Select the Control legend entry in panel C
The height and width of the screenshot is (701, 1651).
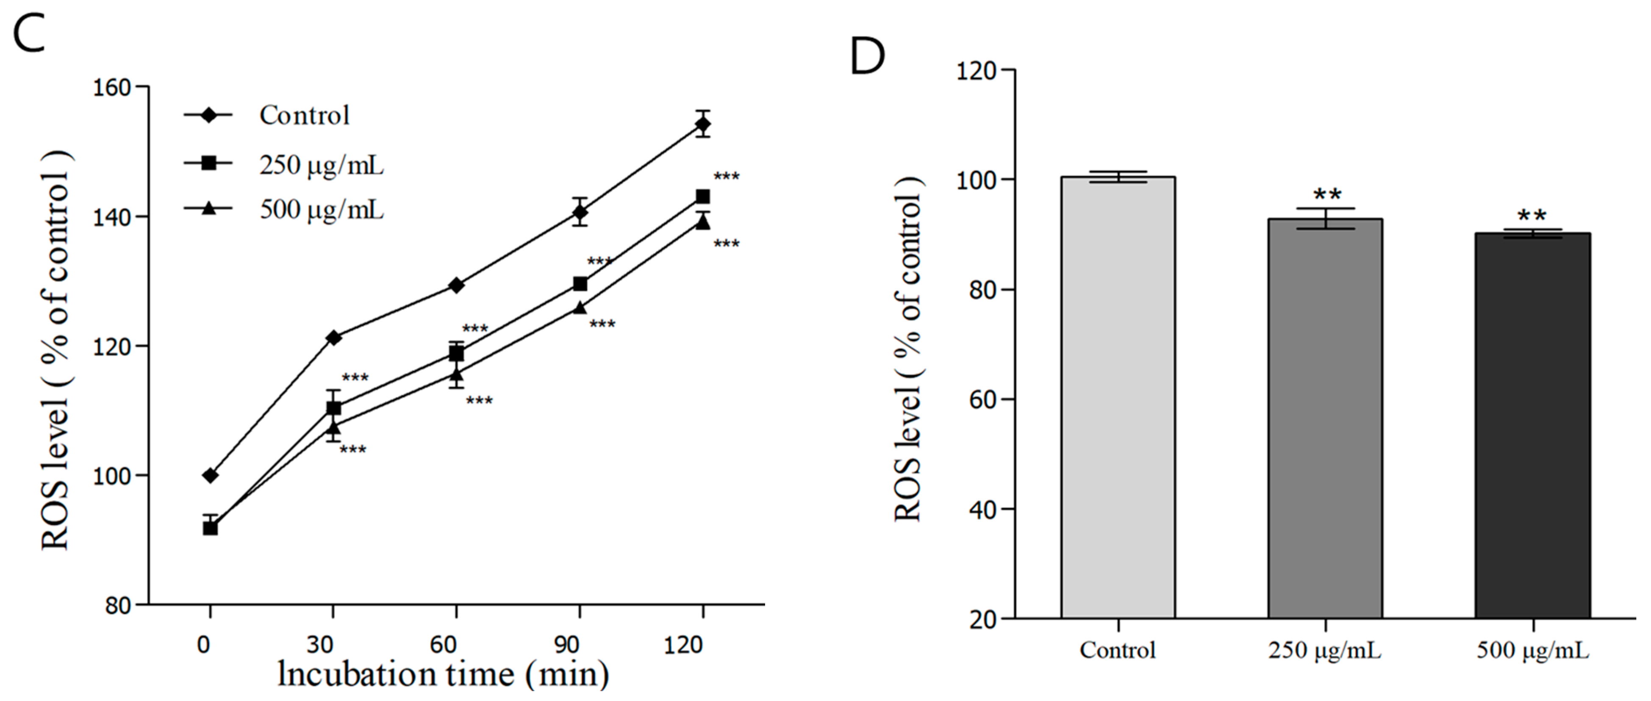click(x=304, y=115)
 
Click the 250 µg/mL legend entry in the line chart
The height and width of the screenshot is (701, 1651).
click(x=320, y=165)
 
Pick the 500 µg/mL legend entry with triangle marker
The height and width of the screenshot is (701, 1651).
click(x=320, y=210)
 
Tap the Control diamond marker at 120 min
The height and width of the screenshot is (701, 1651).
click(x=703, y=124)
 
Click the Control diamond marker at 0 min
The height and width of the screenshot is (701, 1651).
click(x=210, y=475)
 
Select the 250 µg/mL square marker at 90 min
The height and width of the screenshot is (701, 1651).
click(x=580, y=283)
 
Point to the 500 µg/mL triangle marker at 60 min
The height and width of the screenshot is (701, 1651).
click(x=456, y=374)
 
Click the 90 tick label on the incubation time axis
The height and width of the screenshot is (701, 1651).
click(x=566, y=645)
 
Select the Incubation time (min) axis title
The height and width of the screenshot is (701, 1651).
click(x=443, y=674)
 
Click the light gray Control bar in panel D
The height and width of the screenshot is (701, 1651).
click(x=1118, y=397)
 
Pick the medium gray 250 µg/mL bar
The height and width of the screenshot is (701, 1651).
click(x=1325, y=416)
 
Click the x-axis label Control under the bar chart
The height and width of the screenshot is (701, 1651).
click(x=1118, y=650)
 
